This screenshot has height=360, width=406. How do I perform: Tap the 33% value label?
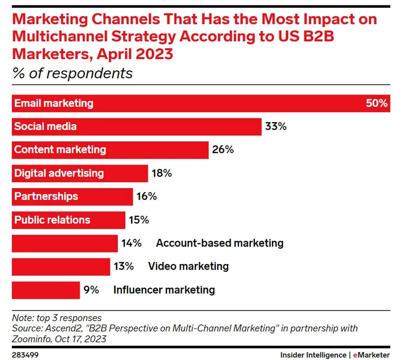(x=275, y=127)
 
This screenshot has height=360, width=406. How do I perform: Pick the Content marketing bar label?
(x=60, y=150)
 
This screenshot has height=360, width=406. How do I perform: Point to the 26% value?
(x=223, y=150)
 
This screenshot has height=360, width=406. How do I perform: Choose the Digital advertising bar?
(x=79, y=173)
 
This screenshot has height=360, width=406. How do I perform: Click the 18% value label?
(x=162, y=173)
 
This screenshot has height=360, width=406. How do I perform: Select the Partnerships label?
(x=46, y=196)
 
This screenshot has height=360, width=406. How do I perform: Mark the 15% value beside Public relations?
(x=138, y=220)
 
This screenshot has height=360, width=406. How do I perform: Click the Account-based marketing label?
(x=220, y=243)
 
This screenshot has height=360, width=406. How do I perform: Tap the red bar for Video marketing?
(x=61, y=266)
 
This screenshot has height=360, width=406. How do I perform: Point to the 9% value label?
(x=91, y=290)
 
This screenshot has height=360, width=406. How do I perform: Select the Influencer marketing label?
(x=164, y=290)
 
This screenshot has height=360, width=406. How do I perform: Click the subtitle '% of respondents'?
(x=72, y=73)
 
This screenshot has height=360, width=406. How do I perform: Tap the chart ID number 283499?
(x=25, y=355)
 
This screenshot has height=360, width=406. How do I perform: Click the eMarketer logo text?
(x=372, y=355)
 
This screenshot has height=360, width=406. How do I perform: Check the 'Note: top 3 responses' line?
(x=57, y=318)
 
